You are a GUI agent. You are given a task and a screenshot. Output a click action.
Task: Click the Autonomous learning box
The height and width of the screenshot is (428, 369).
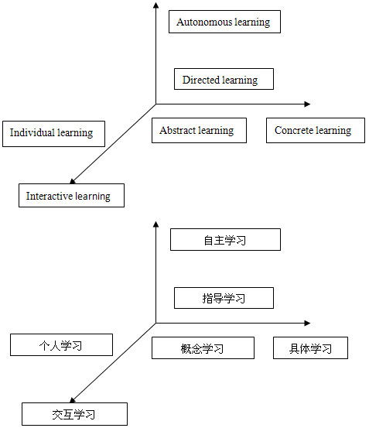click(224, 22)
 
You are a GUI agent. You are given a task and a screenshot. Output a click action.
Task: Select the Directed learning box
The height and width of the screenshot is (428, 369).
click(224, 79)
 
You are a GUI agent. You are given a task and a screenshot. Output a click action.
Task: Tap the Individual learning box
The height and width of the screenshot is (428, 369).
click(53, 134)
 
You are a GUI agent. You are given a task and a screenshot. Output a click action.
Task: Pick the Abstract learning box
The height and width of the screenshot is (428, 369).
click(199, 130)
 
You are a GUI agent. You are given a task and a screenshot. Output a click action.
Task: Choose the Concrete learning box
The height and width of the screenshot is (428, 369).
click(316, 130)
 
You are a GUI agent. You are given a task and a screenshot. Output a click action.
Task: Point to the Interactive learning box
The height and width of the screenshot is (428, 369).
click(71, 196)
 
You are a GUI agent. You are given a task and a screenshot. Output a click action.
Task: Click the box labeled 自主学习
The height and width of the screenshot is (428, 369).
click(225, 239)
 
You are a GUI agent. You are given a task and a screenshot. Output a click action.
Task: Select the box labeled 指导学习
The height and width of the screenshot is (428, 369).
click(224, 298)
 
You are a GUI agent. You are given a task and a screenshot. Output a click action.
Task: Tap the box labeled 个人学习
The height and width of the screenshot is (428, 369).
click(61, 344)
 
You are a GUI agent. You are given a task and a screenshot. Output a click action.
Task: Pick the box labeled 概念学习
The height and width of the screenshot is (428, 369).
click(203, 348)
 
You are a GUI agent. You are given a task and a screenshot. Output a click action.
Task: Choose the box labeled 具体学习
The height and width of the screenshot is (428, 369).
click(310, 348)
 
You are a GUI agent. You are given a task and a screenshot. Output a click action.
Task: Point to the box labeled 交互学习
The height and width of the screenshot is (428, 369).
click(74, 414)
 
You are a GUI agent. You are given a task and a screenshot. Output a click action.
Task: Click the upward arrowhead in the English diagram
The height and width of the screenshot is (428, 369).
click(155, 5)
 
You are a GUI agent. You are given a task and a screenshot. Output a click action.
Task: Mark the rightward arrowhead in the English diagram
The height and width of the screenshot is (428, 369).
click(307, 104)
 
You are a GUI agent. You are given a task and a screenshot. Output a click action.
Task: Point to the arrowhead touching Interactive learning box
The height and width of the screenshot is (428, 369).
click(73, 181)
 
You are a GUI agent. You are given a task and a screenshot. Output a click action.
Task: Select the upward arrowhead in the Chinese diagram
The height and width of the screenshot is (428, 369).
click(155, 224)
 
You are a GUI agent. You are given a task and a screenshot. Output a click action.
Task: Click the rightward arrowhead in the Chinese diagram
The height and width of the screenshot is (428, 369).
click(307, 324)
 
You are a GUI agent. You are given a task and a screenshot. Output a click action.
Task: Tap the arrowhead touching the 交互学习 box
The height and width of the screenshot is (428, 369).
click(73, 400)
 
